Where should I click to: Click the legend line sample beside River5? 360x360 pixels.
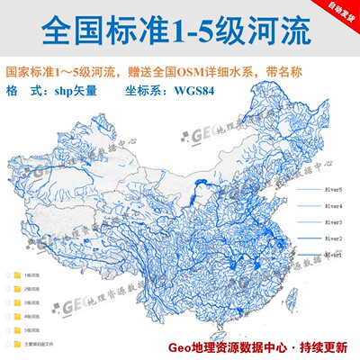pyautogui.click(x=305, y=191)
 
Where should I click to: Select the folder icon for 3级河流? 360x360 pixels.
pyautogui.click(x=18, y=301)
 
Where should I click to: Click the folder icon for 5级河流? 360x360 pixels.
pyautogui.click(x=18, y=329)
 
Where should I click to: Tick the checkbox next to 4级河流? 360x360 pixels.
pyautogui.click(x=6, y=315)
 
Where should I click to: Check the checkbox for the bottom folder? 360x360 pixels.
pyautogui.click(x=6, y=344)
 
